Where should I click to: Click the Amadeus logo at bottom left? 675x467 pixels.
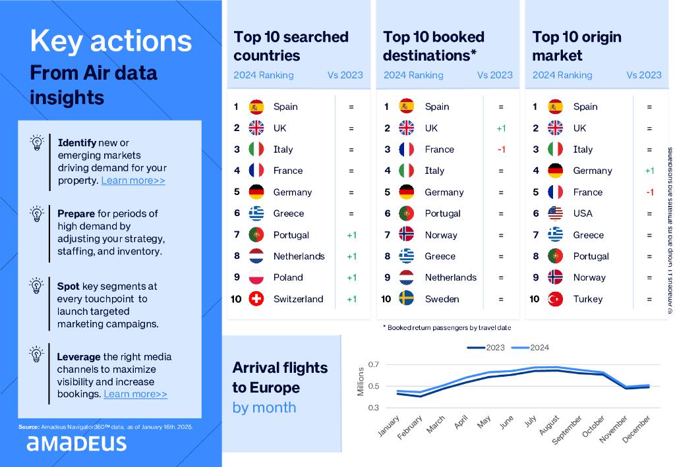(76, 443)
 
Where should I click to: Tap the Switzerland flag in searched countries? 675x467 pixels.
(256, 299)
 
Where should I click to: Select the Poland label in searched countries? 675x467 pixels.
(288, 277)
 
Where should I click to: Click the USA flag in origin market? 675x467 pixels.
(556, 213)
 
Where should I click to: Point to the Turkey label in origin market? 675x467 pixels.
(588, 299)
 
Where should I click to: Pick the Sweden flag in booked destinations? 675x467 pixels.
(407, 299)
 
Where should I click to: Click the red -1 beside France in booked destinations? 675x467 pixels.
(501, 150)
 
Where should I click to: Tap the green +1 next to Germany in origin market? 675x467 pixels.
(649, 171)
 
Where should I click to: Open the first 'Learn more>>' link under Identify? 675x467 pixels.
(133, 180)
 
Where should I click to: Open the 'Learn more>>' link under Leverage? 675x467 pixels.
(135, 394)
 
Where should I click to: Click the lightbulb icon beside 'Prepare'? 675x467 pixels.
(37, 214)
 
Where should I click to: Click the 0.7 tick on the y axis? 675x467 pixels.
(374, 365)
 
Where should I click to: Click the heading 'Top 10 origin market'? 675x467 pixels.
(577, 46)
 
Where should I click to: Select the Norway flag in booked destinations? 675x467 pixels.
(407, 235)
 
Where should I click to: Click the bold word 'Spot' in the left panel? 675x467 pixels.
(68, 287)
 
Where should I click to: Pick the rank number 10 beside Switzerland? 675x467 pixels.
(236, 299)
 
